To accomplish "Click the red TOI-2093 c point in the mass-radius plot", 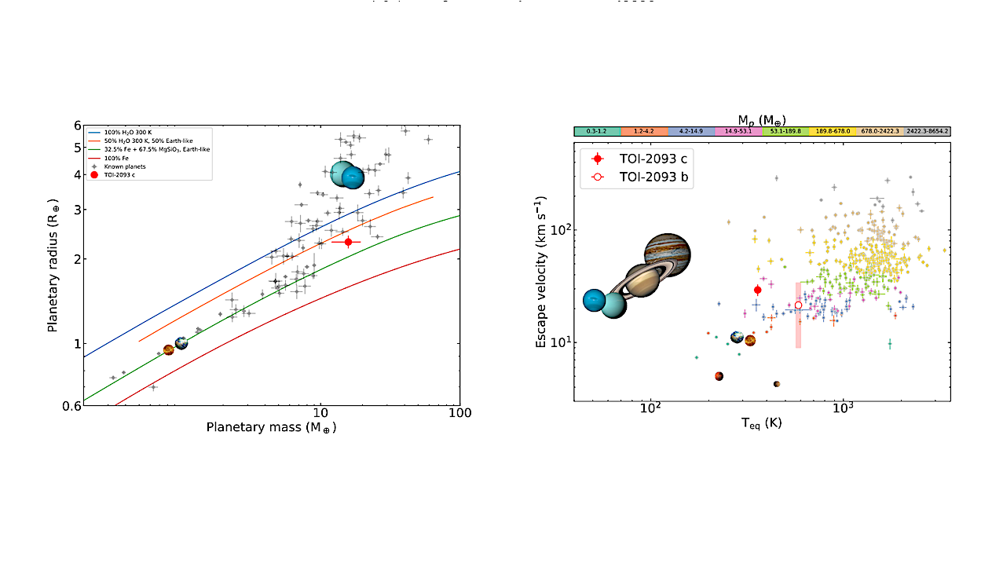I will pyautogui.click(x=348, y=241).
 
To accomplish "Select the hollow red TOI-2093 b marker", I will pyautogui.click(x=798, y=305).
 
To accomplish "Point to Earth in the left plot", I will pyautogui.click(x=181, y=342).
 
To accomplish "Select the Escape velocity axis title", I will pyautogui.click(x=542, y=270).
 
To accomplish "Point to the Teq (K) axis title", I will pyautogui.click(x=761, y=423).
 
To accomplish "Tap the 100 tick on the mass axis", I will pyautogui.click(x=459, y=413).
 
